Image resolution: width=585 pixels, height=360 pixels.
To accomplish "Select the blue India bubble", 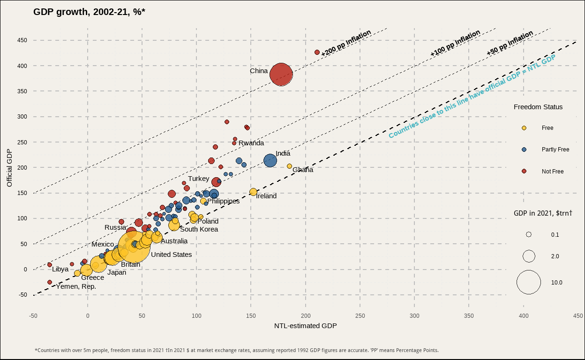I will (270, 160).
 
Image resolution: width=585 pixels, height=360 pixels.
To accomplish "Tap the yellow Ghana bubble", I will (289, 166).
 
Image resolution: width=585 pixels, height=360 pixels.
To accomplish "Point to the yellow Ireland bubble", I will (253, 192).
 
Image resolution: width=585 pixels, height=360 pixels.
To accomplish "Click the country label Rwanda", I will (251, 143).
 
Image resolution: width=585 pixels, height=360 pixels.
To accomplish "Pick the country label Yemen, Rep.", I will (76, 286).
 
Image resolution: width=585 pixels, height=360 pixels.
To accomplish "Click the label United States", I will (171, 255).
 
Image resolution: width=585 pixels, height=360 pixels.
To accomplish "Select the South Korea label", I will (199, 229).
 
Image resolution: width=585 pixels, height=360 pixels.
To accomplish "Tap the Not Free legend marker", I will (524, 172).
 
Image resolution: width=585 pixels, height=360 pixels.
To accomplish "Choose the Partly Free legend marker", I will (524, 150).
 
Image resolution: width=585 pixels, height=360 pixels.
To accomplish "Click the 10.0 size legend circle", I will (529, 282).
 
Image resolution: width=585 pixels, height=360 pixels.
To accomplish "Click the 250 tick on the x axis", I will (360, 315).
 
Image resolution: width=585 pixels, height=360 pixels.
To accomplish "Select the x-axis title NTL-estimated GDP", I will (305, 326).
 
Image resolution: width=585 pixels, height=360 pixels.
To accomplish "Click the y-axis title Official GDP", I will (9, 167).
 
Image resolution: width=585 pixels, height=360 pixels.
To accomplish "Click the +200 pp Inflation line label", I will (346, 43).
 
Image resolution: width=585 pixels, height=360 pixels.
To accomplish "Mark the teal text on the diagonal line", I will (472, 96).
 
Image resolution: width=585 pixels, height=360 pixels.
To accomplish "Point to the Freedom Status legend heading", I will (538, 107).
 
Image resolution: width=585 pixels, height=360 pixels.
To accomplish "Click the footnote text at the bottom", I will (236, 350).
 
